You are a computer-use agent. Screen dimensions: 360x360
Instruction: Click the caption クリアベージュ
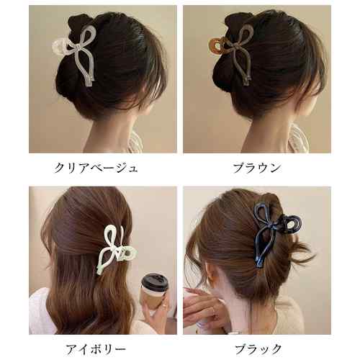pos(96,168)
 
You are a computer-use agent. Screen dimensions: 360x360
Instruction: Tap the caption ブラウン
pos(257,168)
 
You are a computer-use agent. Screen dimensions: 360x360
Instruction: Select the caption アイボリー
pos(96,349)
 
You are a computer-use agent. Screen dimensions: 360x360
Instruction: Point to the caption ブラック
pos(258,349)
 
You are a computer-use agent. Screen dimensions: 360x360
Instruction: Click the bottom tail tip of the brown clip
pos(246,81)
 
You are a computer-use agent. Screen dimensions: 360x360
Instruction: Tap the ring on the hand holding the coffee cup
pos(164,305)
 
